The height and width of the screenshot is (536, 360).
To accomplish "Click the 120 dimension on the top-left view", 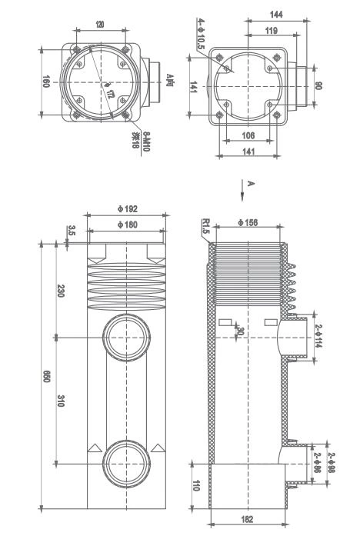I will coord(100,25).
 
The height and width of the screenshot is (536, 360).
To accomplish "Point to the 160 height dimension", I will coord(45,82).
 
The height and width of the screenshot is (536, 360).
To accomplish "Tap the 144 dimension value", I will coord(276,15).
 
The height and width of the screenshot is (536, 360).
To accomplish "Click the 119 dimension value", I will coord(270,32).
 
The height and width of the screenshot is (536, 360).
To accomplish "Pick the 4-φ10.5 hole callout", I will coord(201,35).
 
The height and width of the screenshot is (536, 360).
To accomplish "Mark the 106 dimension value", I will coord(247,136).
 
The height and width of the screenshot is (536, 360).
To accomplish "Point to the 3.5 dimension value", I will coord(71,231).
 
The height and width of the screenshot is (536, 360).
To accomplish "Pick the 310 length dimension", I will coord(61,401).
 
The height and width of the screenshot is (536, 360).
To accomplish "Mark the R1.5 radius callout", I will coord(205,226).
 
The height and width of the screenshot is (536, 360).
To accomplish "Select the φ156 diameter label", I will coord(247,224).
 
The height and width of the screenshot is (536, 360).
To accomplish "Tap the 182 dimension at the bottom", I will coord(247,521).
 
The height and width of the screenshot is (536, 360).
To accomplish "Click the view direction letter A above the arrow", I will coord(250,183).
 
